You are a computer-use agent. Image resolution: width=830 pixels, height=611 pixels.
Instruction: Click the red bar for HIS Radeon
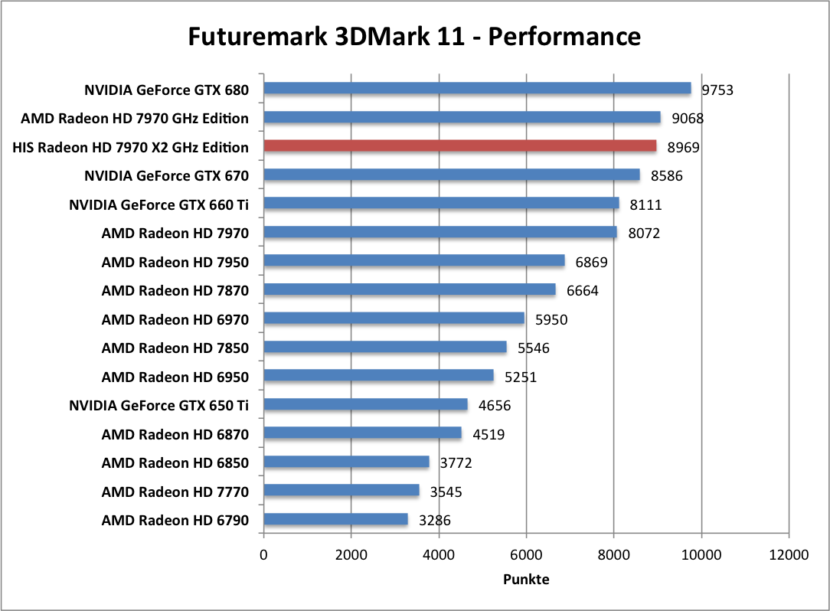pos(498,146)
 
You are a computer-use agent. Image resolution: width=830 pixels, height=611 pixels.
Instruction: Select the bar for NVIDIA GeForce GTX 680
pos(477,89)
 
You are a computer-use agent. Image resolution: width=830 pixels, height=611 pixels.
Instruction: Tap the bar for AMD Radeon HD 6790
pos(335,520)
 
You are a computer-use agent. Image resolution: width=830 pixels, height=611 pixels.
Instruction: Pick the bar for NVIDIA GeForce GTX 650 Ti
pos(365,404)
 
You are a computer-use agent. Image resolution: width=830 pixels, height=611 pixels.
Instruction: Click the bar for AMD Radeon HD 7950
pos(413,261)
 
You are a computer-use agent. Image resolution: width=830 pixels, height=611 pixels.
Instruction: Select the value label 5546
pos(533,348)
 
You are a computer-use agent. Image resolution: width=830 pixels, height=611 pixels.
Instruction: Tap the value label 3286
pos(434,521)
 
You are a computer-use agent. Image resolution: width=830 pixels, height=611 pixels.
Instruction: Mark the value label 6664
pos(582,291)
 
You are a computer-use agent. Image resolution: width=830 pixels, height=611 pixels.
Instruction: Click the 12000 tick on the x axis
pos(788,555)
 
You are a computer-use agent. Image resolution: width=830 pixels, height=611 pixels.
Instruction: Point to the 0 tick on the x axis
pos(263,555)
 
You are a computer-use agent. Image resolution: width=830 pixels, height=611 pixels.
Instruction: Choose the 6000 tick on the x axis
pos(526,555)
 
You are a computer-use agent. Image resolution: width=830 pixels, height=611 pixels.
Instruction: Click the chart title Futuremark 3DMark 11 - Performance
pos(414,36)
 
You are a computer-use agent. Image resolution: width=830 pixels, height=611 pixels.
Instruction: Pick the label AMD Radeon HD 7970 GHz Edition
pos(135,119)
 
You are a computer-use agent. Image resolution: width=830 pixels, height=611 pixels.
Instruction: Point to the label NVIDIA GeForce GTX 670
pos(166,176)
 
